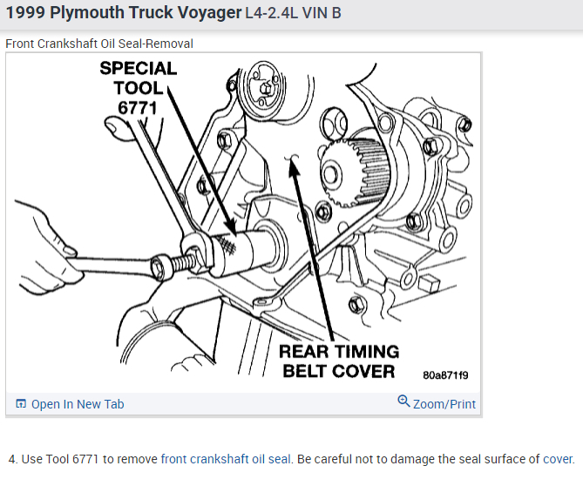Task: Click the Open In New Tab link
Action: click(78, 404)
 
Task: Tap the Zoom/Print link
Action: click(444, 404)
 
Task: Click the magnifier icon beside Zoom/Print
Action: click(403, 402)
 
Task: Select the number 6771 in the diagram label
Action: click(135, 107)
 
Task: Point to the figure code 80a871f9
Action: click(445, 375)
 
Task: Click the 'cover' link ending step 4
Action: click(558, 459)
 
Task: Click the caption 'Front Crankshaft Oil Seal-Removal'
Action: click(99, 44)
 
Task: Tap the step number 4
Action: click(12, 459)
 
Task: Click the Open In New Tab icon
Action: click(21, 404)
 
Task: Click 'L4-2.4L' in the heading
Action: click(273, 16)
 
